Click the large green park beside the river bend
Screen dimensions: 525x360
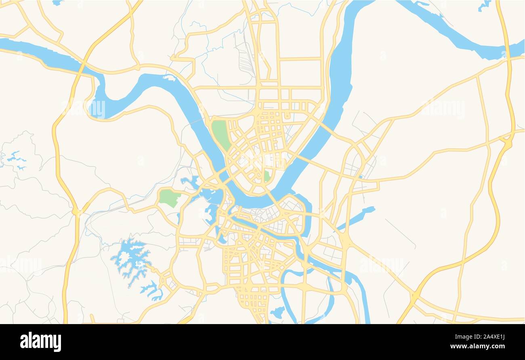pos(220,134)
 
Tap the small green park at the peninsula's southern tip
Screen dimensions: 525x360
pos(267,176)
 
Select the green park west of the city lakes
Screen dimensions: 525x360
pos(169,198)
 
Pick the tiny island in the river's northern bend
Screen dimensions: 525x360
pos(170,77)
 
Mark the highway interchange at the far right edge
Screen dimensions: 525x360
pos(507,141)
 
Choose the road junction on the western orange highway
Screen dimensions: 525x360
pos(76,211)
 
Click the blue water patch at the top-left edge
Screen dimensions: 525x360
pos(58,2)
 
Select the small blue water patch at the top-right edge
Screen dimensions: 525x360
pos(483,6)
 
